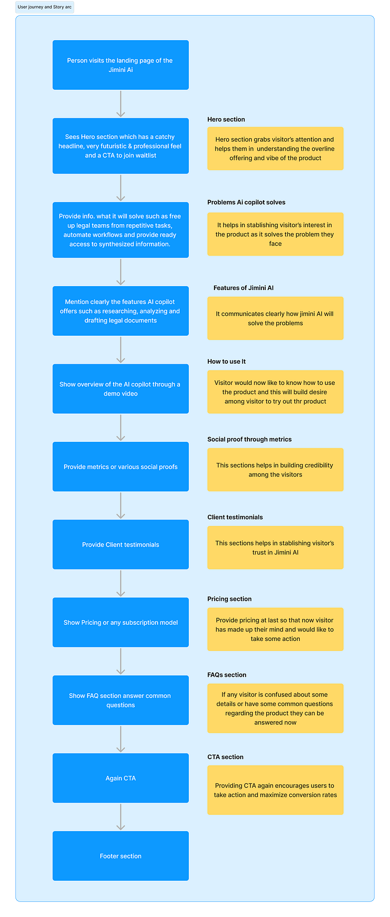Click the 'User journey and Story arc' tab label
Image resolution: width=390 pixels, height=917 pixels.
click(45, 7)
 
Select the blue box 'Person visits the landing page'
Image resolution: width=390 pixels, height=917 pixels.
click(120, 65)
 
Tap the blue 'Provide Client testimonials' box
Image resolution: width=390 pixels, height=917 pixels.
click(120, 544)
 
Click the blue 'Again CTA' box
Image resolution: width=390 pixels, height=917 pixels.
click(120, 778)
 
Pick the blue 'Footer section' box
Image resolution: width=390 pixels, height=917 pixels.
click(120, 856)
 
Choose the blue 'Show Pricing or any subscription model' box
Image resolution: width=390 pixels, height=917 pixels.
click(120, 622)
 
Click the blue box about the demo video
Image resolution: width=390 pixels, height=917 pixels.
click(120, 388)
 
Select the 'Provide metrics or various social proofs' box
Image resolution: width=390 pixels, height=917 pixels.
click(120, 466)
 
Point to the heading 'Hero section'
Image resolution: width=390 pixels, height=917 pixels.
click(226, 119)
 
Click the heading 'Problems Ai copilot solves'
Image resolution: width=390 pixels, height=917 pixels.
click(246, 202)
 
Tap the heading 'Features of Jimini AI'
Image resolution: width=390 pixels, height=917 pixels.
click(243, 288)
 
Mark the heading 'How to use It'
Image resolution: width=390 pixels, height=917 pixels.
click(226, 361)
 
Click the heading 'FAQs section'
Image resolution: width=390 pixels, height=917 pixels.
click(226, 675)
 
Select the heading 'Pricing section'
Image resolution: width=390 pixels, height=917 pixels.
click(230, 599)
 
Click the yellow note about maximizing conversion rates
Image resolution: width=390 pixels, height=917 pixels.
click(276, 790)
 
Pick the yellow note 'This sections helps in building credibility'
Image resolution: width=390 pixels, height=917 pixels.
click(276, 470)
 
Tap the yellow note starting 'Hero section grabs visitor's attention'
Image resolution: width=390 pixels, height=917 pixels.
click(276, 148)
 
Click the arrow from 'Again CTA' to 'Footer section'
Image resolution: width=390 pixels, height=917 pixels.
click(120, 817)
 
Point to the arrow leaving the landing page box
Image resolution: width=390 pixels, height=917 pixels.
click(120, 104)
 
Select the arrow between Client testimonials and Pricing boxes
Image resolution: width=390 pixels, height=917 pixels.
click(120, 583)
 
